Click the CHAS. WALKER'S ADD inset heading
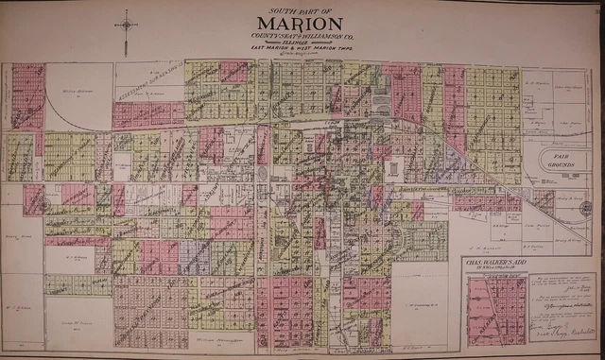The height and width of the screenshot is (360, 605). [x=501, y=262]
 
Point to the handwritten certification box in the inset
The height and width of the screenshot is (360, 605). [x=559, y=307]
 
